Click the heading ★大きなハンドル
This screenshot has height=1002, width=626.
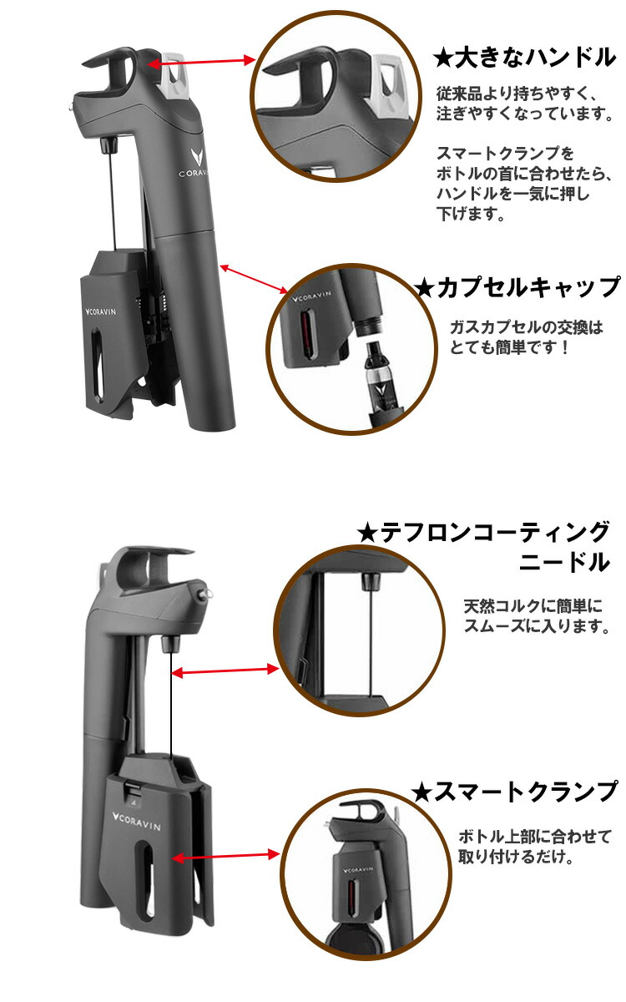pos(524,58)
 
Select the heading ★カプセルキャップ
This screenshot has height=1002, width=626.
pos(517,287)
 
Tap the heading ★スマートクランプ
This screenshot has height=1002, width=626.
pos(517,790)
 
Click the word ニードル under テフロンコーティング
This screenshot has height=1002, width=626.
pos(564,562)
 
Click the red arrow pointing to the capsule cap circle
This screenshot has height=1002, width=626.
pos(255,280)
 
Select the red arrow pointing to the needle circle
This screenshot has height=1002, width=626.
pos(225,671)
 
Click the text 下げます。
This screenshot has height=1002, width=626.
pos(472,215)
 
